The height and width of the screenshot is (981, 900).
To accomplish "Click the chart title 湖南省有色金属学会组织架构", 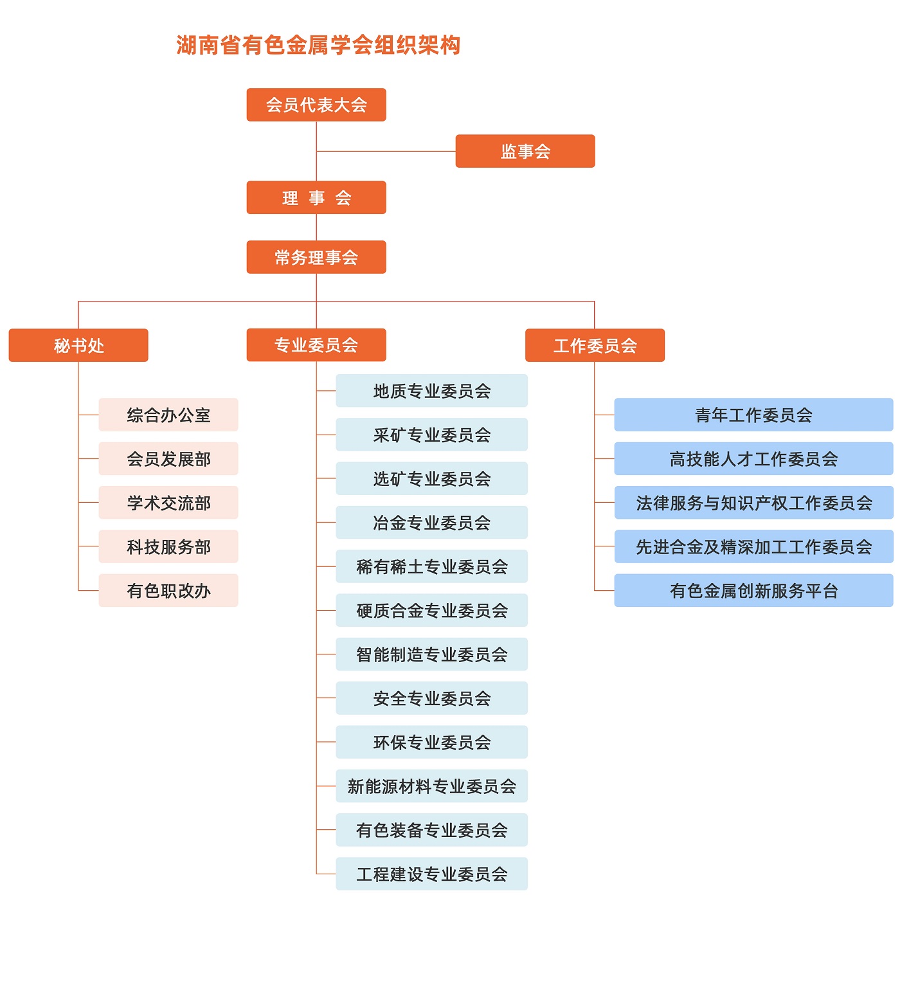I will (x=318, y=45).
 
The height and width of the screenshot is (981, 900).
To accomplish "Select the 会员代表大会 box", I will (x=316, y=105).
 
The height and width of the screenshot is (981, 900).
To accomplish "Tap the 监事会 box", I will (x=525, y=151).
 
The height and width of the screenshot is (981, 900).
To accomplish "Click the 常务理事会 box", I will (x=316, y=257).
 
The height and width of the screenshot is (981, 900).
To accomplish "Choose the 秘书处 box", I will (x=78, y=345).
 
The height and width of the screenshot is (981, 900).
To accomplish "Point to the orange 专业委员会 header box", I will (x=316, y=345).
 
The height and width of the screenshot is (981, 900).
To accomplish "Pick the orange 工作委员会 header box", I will (x=595, y=345).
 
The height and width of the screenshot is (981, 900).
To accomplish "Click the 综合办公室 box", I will (x=168, y=415).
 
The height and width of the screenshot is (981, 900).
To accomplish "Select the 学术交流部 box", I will (x=168, y=503).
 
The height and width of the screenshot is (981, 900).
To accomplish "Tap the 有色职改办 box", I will (x=168, y=590).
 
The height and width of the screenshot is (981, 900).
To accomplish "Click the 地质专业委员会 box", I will (x=431, y=391).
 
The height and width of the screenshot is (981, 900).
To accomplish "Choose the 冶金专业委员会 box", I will (x=431, y=523).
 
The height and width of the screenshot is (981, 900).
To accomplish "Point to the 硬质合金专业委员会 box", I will (x=431, y=610).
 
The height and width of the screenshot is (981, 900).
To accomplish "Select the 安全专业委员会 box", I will (x=431, y=698).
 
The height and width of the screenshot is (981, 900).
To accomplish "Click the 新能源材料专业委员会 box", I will (x=431, y=786).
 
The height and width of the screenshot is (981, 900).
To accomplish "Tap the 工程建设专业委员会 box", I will (x=431, y=874).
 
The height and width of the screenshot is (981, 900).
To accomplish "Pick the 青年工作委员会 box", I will (x=753, y=415).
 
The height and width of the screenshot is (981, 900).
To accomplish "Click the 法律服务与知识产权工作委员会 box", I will (x=753, y=503).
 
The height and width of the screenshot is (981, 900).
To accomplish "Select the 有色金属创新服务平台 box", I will (x=753, y=590).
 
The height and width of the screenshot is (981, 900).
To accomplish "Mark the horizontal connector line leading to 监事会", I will (x=386, y=151).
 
